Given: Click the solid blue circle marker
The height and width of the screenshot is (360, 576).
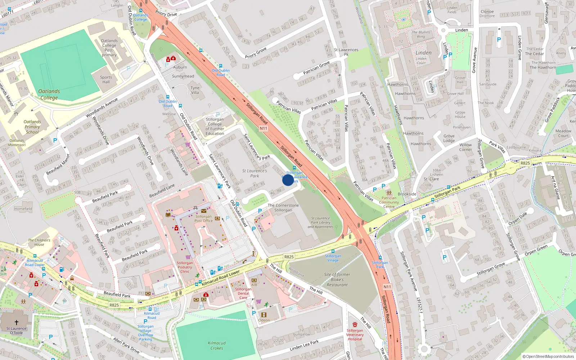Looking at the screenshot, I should click(x=288, y=180).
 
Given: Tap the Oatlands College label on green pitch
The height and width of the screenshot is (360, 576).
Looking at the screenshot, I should click(x=49, y=94).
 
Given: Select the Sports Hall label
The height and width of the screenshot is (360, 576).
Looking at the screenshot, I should click(x=106, y=80).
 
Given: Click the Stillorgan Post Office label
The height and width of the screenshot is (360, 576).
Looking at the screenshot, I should click(x=204, y=219).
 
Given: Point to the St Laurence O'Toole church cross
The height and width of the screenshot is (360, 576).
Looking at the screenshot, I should click(x=16, y=323).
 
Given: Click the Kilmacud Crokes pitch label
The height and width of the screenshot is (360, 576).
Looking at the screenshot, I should click(x=217, y=346).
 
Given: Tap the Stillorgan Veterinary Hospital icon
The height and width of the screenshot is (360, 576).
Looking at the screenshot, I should click(x=355, y=324).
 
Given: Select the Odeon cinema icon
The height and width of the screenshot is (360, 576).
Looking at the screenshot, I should click(x=264, y=315).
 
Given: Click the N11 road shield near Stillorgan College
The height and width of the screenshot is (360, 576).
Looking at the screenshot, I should click(x=264, y=128).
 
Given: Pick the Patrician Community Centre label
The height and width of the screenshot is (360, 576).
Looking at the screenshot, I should click(x=389, y=202).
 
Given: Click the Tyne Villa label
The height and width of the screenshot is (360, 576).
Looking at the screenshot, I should click(x=195, y=90).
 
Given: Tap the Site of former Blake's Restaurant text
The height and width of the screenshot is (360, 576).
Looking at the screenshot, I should click(x=337, y=279).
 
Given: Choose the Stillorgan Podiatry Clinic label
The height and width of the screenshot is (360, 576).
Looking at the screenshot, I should click(x=185, y=267).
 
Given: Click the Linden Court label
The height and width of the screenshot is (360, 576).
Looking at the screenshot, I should click(x=421, y=60).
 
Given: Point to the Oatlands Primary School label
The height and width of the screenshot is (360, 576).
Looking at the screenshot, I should click(x=32, y=127).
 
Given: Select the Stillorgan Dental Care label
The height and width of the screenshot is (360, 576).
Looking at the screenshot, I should click(x=243, y=293).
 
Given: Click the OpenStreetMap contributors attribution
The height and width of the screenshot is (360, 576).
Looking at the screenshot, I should click(x=548, y=356).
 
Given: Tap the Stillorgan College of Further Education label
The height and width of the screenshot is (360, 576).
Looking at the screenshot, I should click(x=215, y=126).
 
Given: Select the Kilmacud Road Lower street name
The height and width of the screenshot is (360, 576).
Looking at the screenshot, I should click(x=221, y=278).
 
